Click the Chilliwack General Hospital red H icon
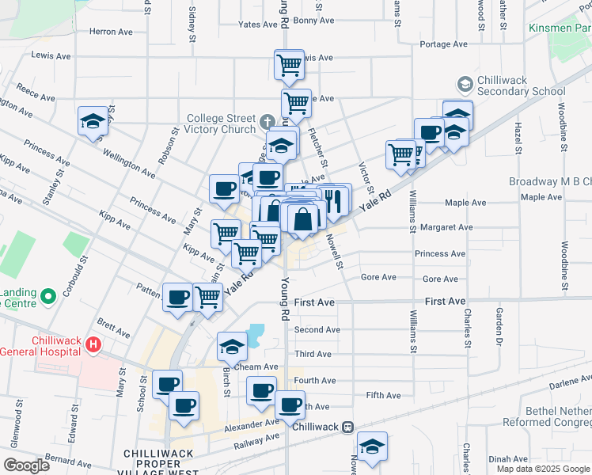pos(94,345)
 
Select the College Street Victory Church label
pos(221,124)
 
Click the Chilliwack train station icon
pos(347,427)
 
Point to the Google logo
pos(26,465)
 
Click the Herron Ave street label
pos(111,32)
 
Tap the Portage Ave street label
pos(447,44)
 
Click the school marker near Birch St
pos(232,345)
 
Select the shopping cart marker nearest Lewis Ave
pos(289,64)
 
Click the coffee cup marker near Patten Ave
pos(177,296)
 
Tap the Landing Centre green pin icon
pos(47,297)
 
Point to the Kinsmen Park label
pos(571,28)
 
